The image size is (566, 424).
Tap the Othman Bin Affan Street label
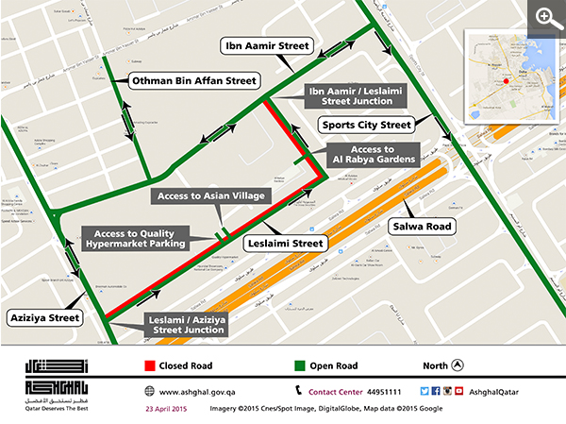(193, 82)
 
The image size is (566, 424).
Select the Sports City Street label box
(366, 124)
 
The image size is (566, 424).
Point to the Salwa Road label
(424, 227)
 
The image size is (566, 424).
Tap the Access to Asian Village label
(213, 195)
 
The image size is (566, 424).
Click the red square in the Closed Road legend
(149, 365)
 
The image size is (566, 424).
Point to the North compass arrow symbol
(458, 365)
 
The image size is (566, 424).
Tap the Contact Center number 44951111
(382, 391)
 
